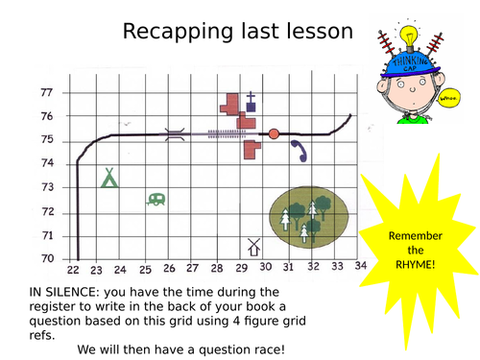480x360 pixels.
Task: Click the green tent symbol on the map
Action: point(109,178)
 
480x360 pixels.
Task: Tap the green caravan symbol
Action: point(156,200)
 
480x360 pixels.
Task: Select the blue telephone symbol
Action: point(299,149)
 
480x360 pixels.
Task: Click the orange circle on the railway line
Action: point(274,133)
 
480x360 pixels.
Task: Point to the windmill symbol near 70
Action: point(254,247)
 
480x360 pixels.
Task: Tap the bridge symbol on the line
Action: point(174,134)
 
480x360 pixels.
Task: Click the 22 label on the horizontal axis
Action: point(73,271)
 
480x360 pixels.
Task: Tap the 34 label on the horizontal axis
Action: point(360,265)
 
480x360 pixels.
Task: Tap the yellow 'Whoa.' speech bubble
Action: point(448,97)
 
